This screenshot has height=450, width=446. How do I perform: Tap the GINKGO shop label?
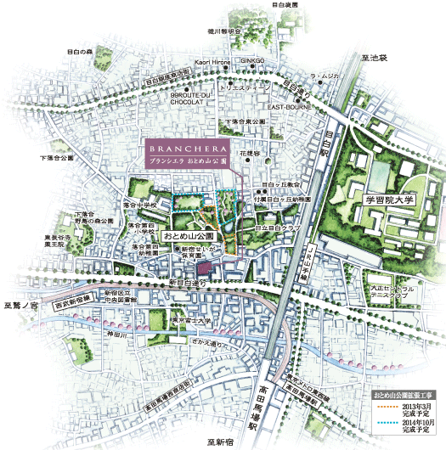[x=253, y=62]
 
